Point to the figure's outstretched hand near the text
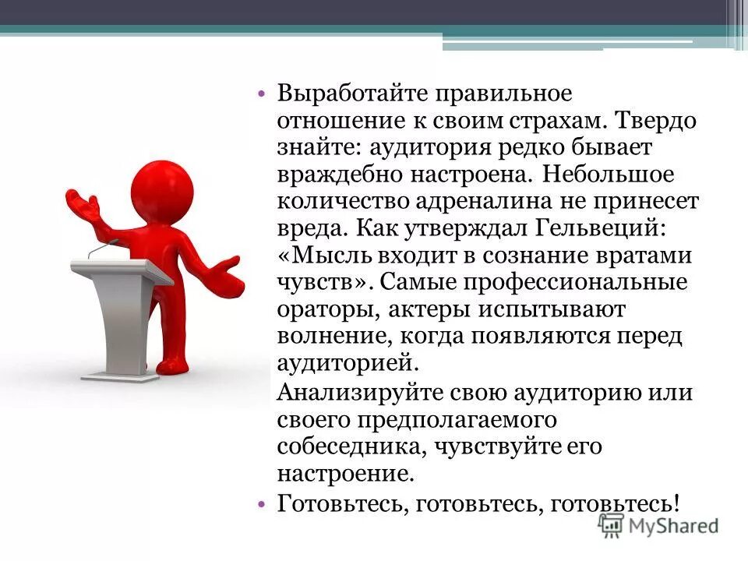(x=228, y=276)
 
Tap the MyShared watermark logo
(x=658, y=524)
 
